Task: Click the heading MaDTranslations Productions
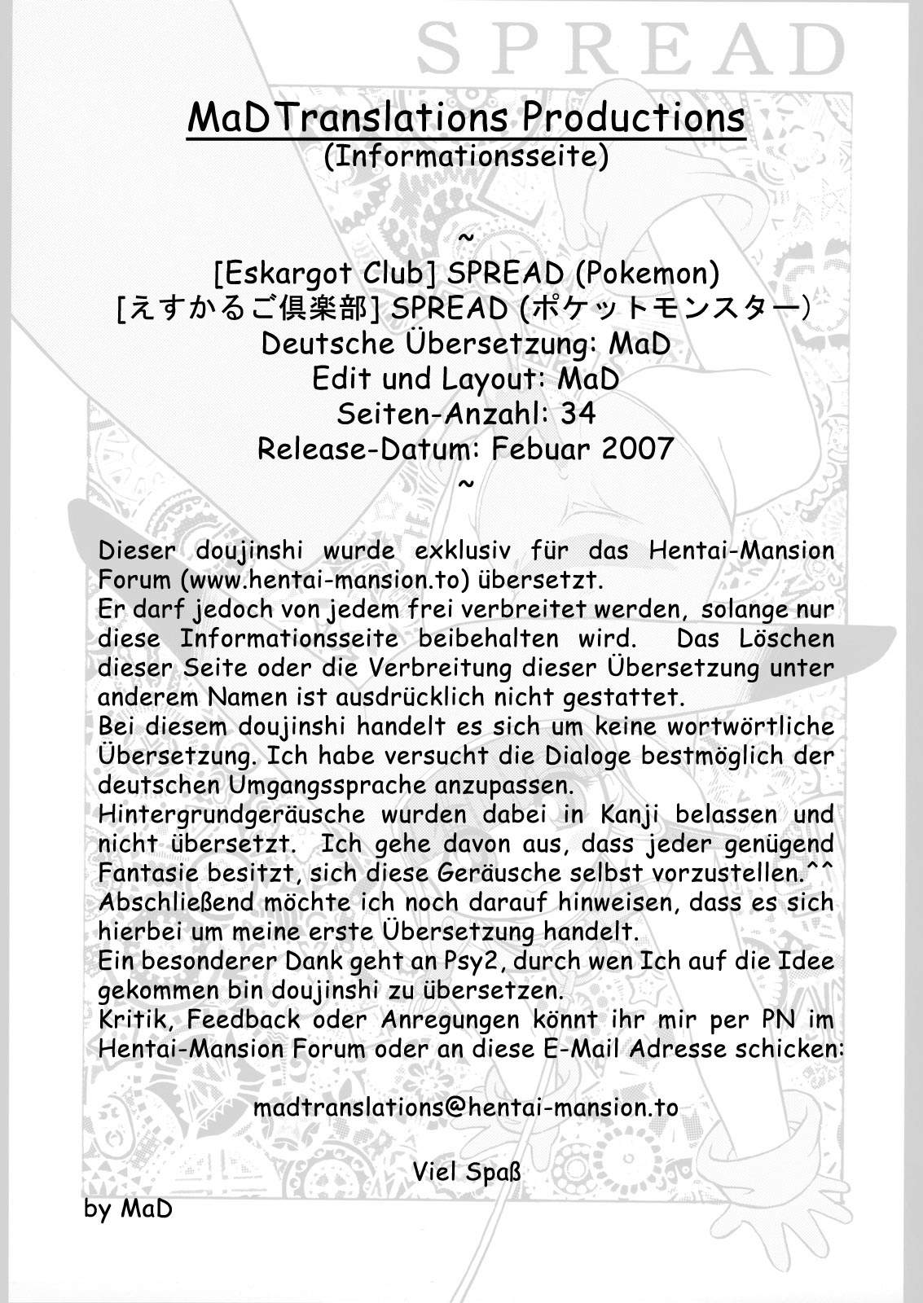tap(466, 118)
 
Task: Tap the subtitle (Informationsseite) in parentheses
tap(466, 156)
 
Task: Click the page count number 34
tap(578, 414)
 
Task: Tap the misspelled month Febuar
tap(539, 448)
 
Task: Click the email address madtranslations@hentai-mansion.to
tap(466, 1108)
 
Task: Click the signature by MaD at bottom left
tap(128, 1209)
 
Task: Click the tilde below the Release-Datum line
tap(466, 483)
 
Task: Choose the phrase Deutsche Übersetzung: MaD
tap(466, 344)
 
